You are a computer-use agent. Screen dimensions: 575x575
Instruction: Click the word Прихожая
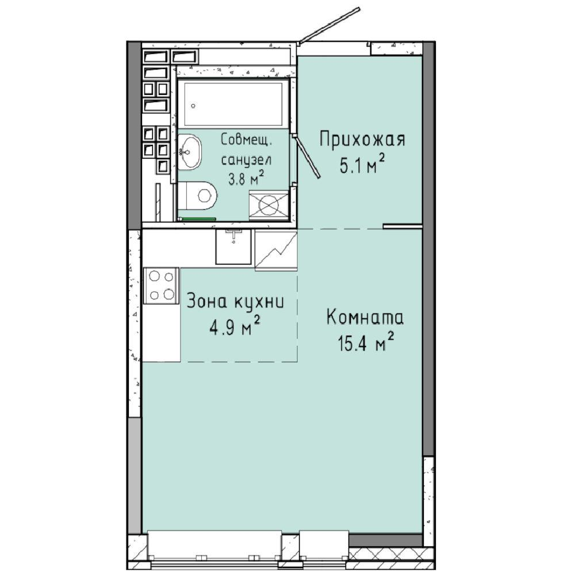click(x=362, y=140)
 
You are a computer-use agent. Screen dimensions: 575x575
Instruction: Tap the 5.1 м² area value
click(x=362, y=166)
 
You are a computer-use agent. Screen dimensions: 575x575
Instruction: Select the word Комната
click(x=365, y=317)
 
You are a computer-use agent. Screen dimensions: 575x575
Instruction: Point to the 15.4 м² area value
click(x=366, y=343)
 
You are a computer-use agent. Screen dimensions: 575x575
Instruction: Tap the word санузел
click(x=247, y=160)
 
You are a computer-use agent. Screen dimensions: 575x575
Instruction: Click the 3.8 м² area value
click(x=246, y=178)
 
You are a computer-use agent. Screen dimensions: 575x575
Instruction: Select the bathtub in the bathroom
click(x=233, y=103)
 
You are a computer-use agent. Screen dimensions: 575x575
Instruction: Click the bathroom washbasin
click(x=190, y=151)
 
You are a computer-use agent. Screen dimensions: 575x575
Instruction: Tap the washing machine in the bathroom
click(x=269, y=205)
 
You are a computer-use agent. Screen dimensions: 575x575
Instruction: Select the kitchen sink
click(x=233, y=247)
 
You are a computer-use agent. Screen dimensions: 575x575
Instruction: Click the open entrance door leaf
click(x=329, y=25)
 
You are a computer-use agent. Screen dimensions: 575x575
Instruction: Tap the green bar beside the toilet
click(x=197, y=219)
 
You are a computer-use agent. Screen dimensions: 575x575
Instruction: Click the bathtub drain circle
click(x=193, y=106)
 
